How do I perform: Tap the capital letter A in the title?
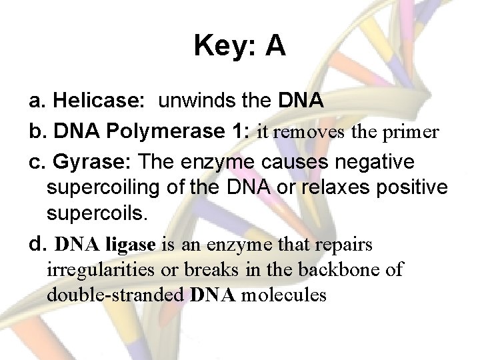pyautogui.click(x=275, y=46)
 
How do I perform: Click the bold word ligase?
pyautogui.click(x=131, y=245)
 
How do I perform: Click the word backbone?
pyautogui.click(x=363, y=269)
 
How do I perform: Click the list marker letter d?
pyautogui.click(x=37, y=243)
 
